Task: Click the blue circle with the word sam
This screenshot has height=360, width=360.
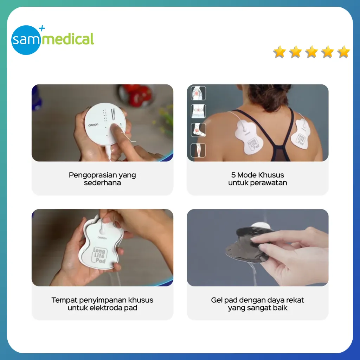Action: (26, 40)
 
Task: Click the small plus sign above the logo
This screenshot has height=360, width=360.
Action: (42, 28)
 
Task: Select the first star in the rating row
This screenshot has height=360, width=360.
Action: (279, 52)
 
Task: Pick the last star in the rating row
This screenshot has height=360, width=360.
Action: (344, 52)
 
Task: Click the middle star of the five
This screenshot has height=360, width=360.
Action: (311, 52)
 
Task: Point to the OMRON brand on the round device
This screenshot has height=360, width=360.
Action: (93, 125)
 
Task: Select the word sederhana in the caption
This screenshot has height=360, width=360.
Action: (102, 183)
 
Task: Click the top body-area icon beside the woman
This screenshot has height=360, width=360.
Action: (198, 93)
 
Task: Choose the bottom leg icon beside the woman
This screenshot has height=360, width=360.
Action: (198, 150)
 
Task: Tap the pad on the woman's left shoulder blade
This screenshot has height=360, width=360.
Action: (249, 137)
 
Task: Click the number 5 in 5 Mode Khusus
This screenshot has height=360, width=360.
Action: (233, 175)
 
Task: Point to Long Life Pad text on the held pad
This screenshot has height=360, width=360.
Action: (99, 255)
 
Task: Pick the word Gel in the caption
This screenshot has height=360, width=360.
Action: (217, 300)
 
